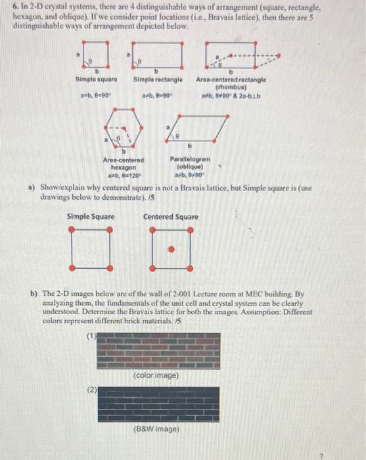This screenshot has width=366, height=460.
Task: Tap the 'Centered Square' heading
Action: click(x=171, y=217)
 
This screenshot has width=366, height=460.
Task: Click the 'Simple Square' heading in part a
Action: click(x=91, y=217)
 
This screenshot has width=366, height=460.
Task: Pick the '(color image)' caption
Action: click(x=156, y=375)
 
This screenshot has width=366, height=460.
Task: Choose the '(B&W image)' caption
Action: click(x=156, y=431)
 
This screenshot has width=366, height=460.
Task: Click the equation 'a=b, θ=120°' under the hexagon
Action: click(x=123, y=176)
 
